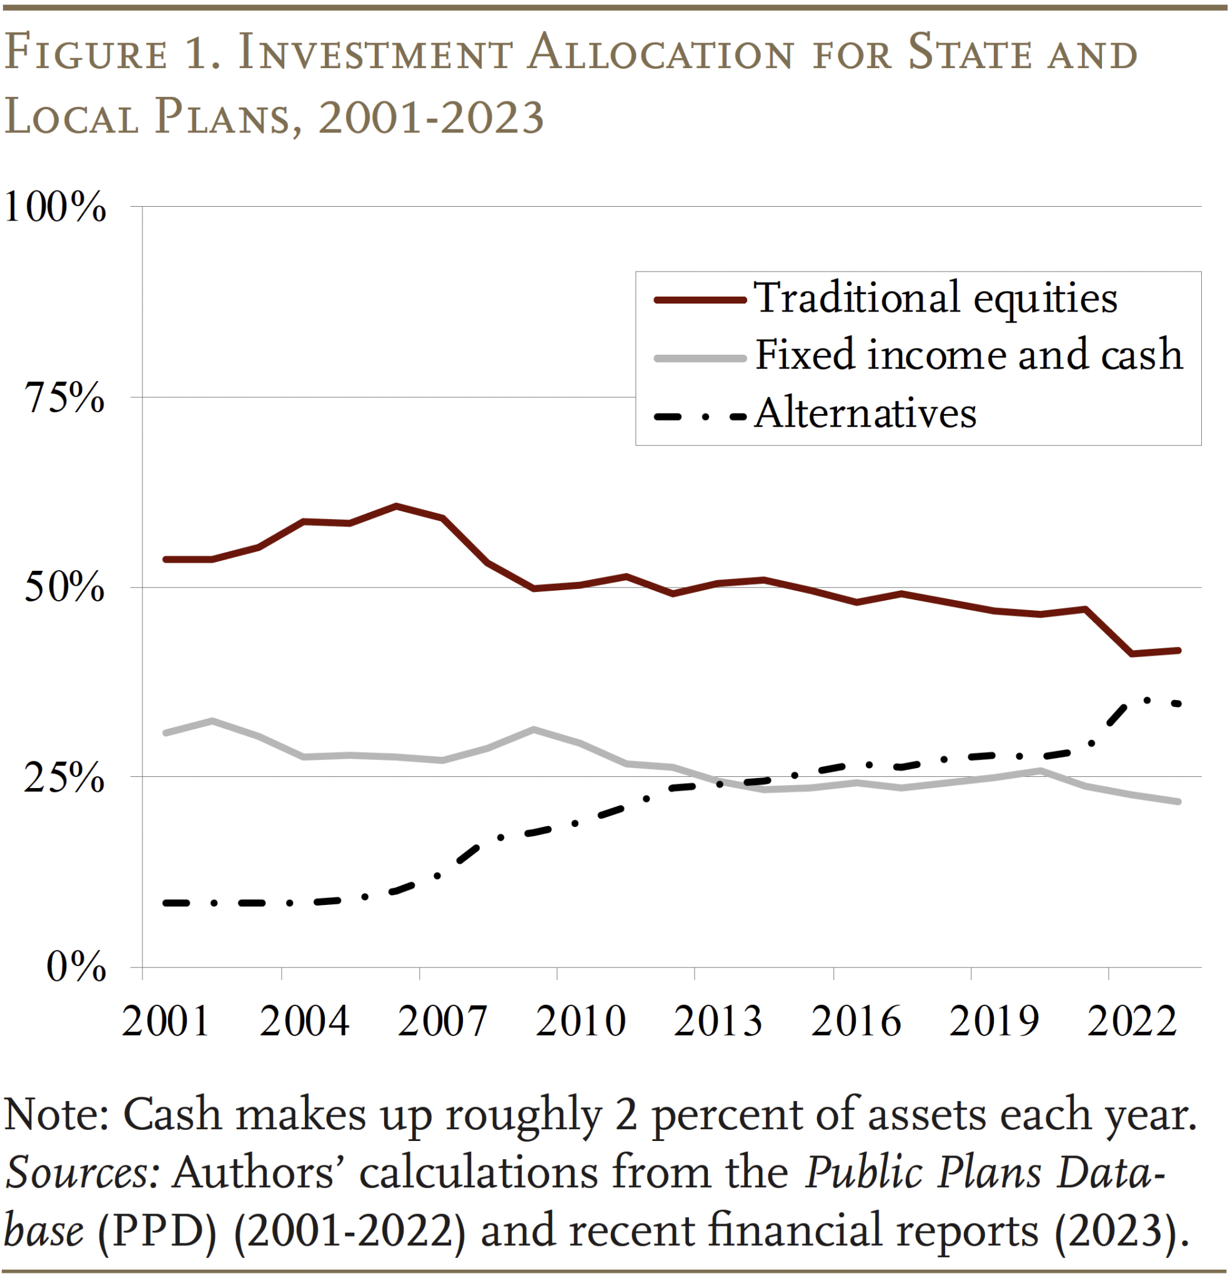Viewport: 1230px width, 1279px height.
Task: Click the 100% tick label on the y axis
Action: tap(55, 207)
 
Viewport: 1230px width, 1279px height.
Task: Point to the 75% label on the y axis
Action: tap(64, 397)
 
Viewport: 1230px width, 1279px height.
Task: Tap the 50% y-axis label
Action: tap(64, 587)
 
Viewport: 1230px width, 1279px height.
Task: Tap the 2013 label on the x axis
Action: tap(717, 1022)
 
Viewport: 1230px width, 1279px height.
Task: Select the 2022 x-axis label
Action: tap(1131, 1022)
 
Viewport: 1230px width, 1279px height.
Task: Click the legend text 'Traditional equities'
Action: tap(935, 299)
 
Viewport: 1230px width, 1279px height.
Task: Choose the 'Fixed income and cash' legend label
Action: tap(969, 355)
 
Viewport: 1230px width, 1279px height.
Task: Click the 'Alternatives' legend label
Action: tap(865, 413)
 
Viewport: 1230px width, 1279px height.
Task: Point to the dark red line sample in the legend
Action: tap(700, 300)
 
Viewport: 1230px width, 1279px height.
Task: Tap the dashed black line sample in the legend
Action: tap(700, 417)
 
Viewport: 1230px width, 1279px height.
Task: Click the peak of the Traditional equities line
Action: tap(396, 506)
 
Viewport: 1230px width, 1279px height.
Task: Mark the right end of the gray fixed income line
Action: tap(1178, 801)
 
